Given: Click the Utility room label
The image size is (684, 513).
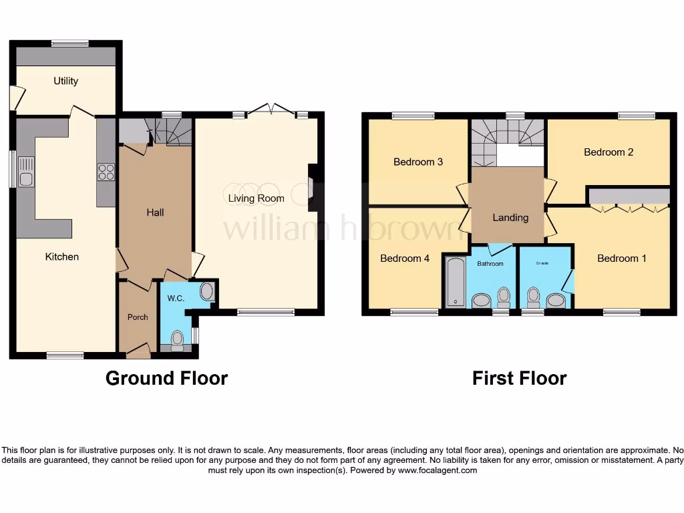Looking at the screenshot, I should (65, 81).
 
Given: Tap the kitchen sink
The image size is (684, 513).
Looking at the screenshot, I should (26, 172).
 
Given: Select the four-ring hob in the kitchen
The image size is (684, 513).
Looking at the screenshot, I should (106, 172).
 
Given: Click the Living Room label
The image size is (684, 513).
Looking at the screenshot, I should (256, 198).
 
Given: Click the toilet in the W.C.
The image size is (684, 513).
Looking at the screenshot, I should (177, 340).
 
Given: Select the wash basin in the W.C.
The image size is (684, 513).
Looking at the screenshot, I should (207, 292).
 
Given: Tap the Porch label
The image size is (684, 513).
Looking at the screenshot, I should (138, 317).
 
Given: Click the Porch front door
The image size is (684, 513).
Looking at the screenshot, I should (138, 349).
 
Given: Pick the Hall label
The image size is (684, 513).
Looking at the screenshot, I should (155, 212).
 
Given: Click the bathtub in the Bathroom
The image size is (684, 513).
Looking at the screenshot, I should (455, 281).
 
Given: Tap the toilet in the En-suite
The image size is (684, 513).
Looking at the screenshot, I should (533, 295).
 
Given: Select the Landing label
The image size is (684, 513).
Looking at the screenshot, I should (510, 217).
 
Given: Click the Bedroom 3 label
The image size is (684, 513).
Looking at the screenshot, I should (417, 162).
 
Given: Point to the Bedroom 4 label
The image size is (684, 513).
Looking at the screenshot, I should (404, 259).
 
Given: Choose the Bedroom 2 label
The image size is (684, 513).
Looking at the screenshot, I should (608, 152).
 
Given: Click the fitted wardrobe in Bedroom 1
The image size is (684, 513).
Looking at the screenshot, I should (629, 196).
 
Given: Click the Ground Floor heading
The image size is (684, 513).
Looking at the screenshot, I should (166, 378).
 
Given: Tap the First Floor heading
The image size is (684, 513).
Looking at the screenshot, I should (519, 378).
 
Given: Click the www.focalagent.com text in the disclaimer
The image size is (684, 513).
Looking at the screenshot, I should (438, 470).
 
